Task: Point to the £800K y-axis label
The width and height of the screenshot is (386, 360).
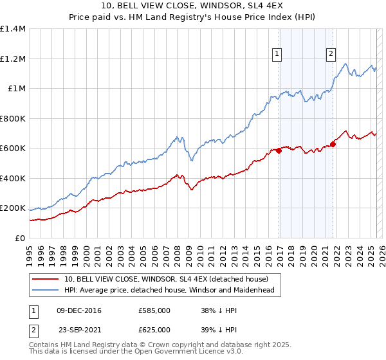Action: click(13, 118)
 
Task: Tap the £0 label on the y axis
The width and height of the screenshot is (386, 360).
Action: click(20, 239)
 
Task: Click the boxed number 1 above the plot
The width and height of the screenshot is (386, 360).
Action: click(277, 55)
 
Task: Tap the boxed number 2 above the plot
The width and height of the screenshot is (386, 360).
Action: click(331, 55)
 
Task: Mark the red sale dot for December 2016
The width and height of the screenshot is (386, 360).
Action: click(279, 151)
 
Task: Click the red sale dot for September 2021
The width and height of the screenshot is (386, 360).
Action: click(333, 144)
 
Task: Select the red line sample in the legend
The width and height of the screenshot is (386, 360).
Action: click(46, 279)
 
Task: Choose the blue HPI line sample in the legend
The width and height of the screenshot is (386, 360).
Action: click(46, 290)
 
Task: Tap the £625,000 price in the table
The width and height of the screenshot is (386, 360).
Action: click(154, 329)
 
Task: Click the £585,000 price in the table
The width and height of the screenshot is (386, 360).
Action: click(154, 310)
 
